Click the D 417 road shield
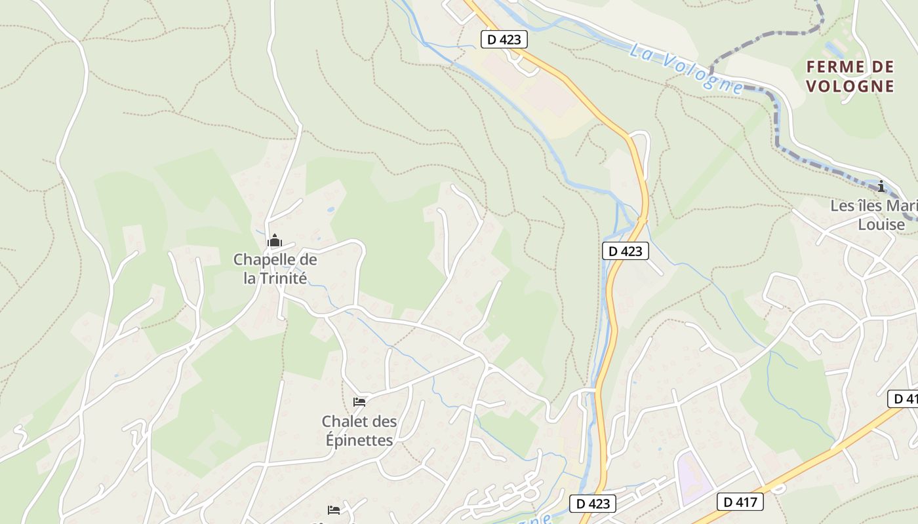[x=740, y=502]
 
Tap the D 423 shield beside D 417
[x=593, y=504]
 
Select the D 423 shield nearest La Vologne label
[x=504, y=39]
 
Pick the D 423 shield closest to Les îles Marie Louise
[x=626, y=250]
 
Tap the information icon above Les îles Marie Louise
[x=882, y=186]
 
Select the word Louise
[x=881, y=225]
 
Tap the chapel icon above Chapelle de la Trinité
[x=275, y=240]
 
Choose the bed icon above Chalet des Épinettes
[x=359, y=402]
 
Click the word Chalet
[x=341, y=421]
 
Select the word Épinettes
[x=359, y=440]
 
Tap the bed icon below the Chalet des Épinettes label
[x=334, y=510]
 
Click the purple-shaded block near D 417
[x=694, y=478]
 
